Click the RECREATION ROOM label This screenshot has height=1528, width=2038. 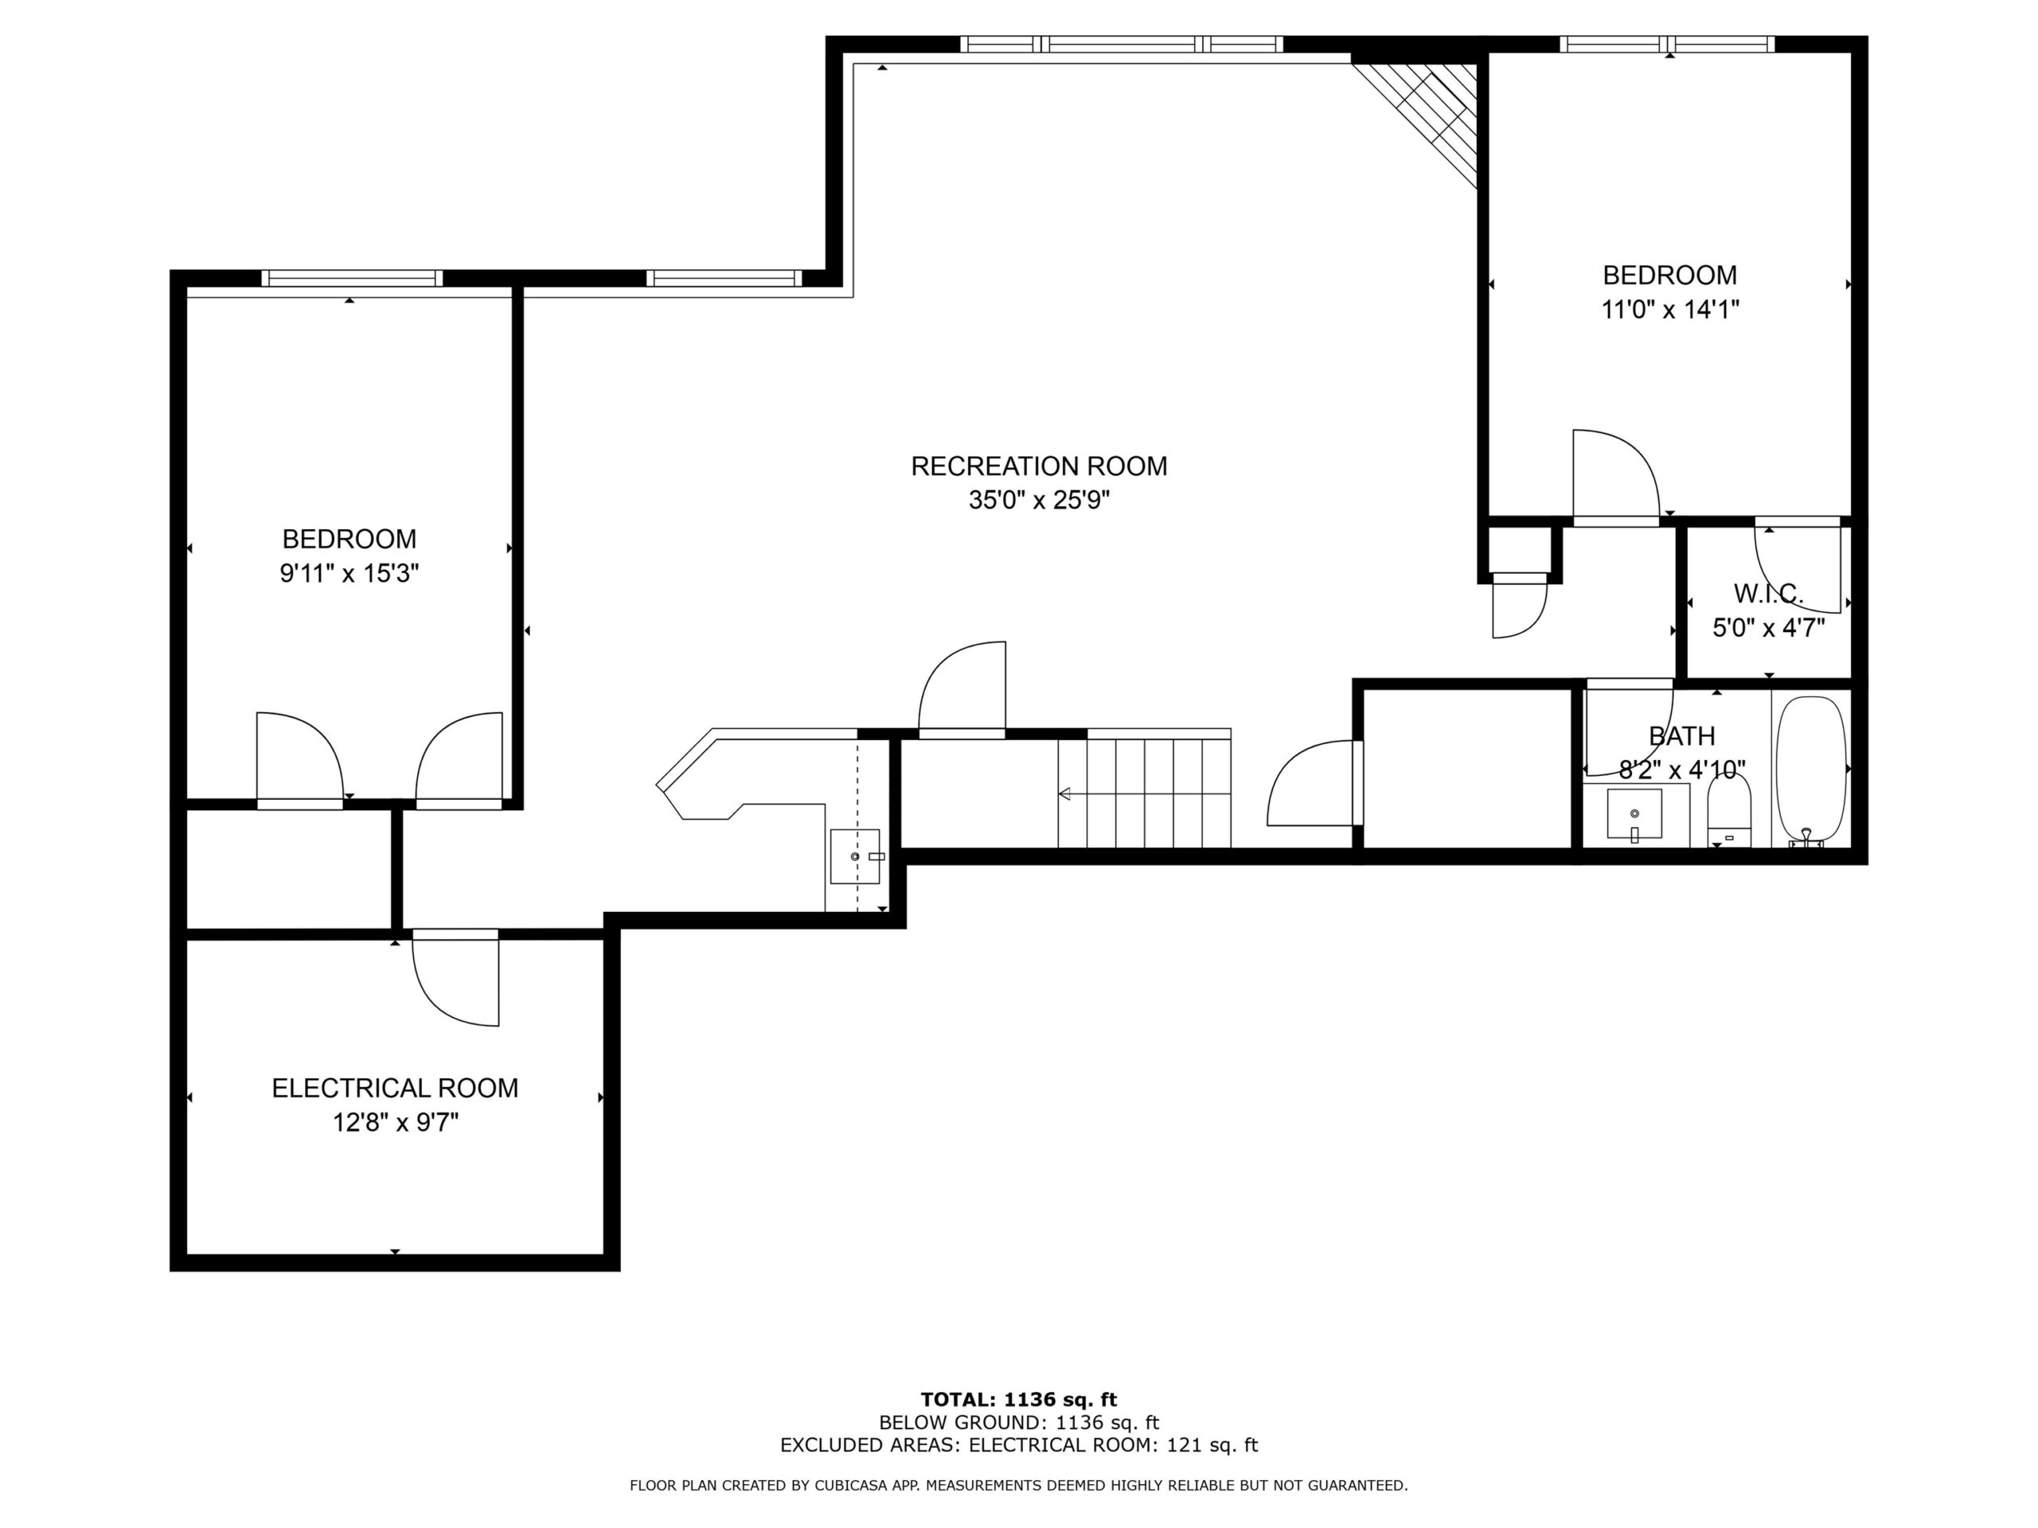[x=1038, y=466]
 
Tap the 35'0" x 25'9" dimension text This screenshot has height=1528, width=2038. [x=1038, y=500]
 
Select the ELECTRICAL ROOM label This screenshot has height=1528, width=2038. [x=394, y=1088]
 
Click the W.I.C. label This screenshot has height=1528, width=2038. [x=1768, y=592]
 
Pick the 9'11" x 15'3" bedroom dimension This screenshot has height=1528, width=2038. [x=349, y=574]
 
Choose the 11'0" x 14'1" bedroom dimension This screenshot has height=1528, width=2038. [x=1669, y=310]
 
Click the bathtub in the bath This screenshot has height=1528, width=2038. [x=1810, y=770]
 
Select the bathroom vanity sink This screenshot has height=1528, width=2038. [x=1634, y=814]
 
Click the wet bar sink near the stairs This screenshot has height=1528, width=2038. [x=856, y=856]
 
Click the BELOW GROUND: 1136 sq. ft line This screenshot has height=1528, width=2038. [x=1018, y=1423]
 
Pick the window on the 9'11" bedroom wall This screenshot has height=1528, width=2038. [x=352, y=279]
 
